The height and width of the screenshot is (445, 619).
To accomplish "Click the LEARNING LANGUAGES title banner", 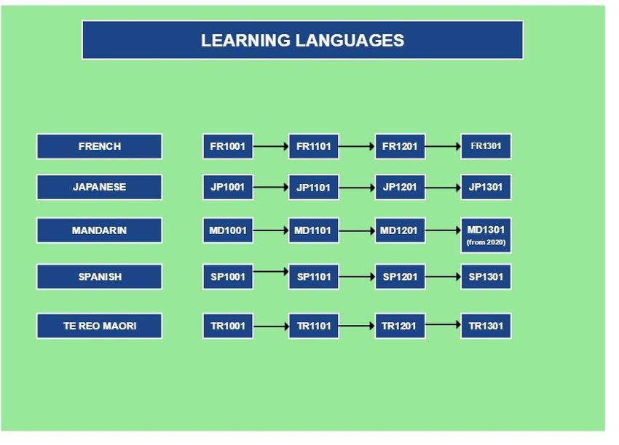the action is click(x=302, y=40).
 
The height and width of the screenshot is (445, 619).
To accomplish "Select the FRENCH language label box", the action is click(x=99, y=146).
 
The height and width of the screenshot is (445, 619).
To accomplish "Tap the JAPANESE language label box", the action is click(x=99, y=187).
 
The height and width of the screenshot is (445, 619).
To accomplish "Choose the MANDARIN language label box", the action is click(x=99, y=230).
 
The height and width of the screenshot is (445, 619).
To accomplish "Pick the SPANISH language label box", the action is click(x=99, y=277).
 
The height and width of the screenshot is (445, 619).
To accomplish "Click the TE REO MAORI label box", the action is click(x=99, y=326).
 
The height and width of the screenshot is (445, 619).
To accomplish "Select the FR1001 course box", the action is click(x=228, y=146).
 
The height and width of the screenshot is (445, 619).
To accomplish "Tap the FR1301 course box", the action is click(x=486, y=146).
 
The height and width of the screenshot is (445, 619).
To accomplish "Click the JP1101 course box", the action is click(x=313, y=187).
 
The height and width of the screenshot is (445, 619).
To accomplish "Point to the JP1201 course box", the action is click(x=400, y=187).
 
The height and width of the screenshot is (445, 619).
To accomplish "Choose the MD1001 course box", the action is click(x=228, y=230).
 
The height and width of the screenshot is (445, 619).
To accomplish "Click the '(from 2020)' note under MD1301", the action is click(x=486, y=242).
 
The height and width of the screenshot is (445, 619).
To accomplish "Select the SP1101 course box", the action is click(x=313, y=277).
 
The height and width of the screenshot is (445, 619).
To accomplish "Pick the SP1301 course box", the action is click(x=486, y=277).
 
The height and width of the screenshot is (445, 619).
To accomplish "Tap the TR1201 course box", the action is click(x=400, y=326).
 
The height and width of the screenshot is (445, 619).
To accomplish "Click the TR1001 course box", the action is click(x=228, y=326).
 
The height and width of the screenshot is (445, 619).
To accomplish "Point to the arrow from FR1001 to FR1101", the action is click(x=271, y=146).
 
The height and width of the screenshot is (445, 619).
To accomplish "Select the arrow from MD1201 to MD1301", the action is click(x=443, y=230).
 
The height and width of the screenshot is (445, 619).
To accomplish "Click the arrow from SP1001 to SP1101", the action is click(x=271, y=271).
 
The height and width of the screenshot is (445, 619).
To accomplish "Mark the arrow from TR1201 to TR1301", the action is click(x=443, y=324).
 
